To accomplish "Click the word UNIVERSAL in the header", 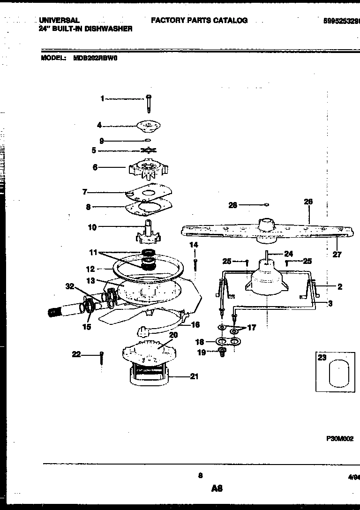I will (x=59, y=21).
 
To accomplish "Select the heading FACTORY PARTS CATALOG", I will (x=199, y=21).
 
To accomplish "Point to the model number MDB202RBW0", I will (x=97, y=59).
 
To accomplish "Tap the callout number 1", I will (x=103, y=98).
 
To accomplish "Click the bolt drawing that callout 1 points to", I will (x=148, y=103).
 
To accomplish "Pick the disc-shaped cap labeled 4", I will (x=148, y=125).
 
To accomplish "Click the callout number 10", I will (x=92, y=227).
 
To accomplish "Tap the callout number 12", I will (x=90, y=269).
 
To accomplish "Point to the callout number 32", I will (x=70, y=286).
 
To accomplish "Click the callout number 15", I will (x=87, y=327).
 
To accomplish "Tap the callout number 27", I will (x=337, y=255).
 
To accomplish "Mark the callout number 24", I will (x=288, y=254).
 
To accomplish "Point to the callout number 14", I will (x=194, y=245).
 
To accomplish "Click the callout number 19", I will (x=202, y=352).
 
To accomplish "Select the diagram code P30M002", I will (x=340, y=439).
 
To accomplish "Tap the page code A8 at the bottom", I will (x=216, y=488).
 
